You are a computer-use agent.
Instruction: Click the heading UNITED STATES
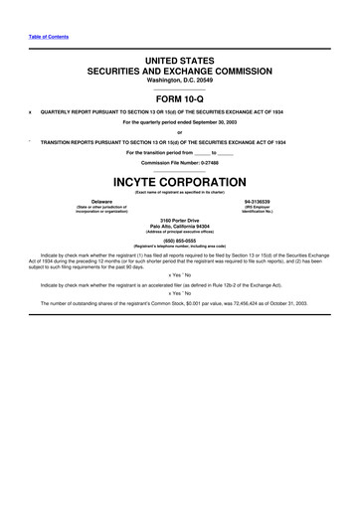tap(180, 62)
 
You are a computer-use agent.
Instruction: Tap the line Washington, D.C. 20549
tap(180, 84)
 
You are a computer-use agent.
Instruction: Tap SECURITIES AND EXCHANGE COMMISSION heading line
tap(180, 73)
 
